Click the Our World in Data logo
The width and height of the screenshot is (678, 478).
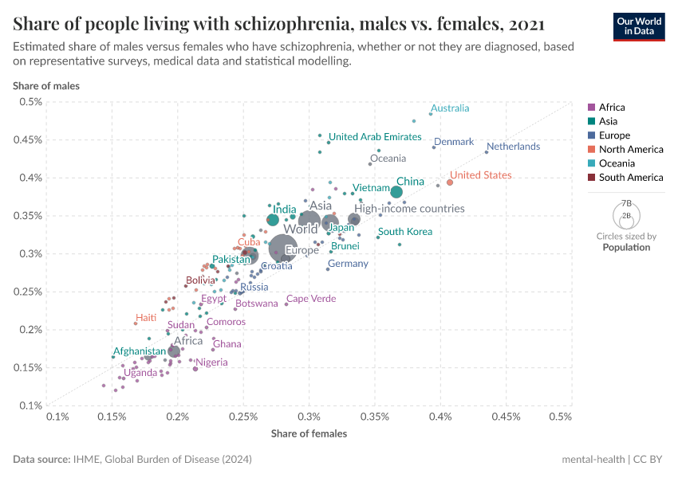pos(638,25)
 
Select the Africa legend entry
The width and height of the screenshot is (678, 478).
pos(612,108)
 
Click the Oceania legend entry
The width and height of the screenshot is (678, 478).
pos(617,163)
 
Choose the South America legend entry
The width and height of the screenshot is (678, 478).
pos(630,178)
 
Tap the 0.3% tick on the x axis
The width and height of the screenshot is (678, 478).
pos(309,416)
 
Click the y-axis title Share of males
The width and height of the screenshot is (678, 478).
pos(46,85)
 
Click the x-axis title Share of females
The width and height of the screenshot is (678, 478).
pos(309,433)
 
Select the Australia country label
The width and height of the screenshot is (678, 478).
pos(450,108)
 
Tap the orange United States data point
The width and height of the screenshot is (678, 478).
pos(450,182)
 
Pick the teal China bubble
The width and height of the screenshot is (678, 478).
pos(396,192)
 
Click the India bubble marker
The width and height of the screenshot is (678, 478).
pos(273,220)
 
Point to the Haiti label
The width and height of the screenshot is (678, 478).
pos(146,318)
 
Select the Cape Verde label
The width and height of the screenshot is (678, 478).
pos(311,299)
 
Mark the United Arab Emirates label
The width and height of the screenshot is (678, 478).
pos(375,137)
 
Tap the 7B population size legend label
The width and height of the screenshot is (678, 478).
pos(626,203)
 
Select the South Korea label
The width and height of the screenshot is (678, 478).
pos(405,232)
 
